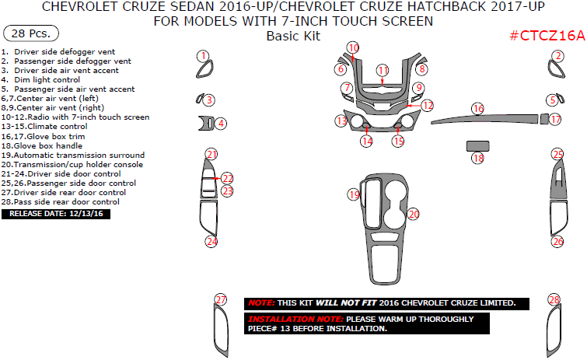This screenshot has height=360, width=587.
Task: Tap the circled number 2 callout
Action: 557,56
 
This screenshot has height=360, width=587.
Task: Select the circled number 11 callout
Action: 383,71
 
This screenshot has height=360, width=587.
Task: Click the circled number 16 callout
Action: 478,109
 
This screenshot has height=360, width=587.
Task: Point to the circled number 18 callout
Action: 478,159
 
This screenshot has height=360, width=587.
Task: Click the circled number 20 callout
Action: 414,213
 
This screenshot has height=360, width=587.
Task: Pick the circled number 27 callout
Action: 221,300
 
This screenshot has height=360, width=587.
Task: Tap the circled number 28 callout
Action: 554,300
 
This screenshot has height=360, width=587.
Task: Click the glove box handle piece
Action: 477,145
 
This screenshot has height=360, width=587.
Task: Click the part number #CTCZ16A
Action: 547,36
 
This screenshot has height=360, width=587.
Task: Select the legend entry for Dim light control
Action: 47,79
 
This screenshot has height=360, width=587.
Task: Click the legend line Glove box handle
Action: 47,145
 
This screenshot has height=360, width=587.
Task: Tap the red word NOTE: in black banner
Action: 260,302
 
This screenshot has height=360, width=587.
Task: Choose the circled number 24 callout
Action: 211,242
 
